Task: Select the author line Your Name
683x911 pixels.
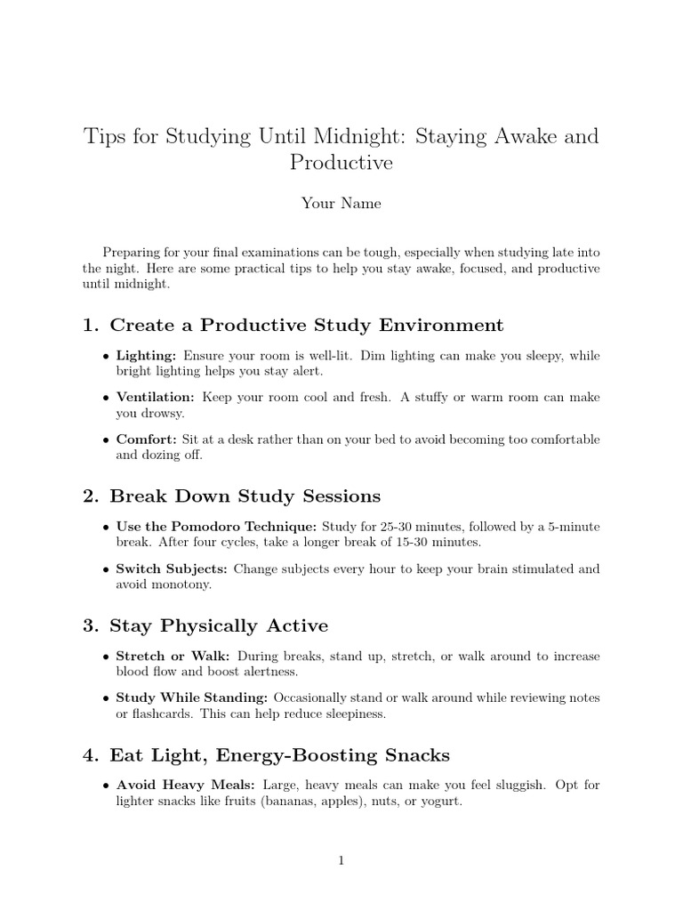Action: (x=341, y=203)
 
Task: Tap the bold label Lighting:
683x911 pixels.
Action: (x=148, y=356)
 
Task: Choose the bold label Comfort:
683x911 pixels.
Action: (x=147, y=439)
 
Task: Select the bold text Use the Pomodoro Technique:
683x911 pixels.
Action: (x=216, y=527)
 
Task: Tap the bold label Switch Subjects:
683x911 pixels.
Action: (x=173, y=568)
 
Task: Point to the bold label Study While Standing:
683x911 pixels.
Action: (x=192, y=697)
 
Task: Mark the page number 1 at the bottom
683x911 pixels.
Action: (x=341, y=859)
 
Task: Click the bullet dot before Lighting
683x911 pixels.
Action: (x=107, y=357)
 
